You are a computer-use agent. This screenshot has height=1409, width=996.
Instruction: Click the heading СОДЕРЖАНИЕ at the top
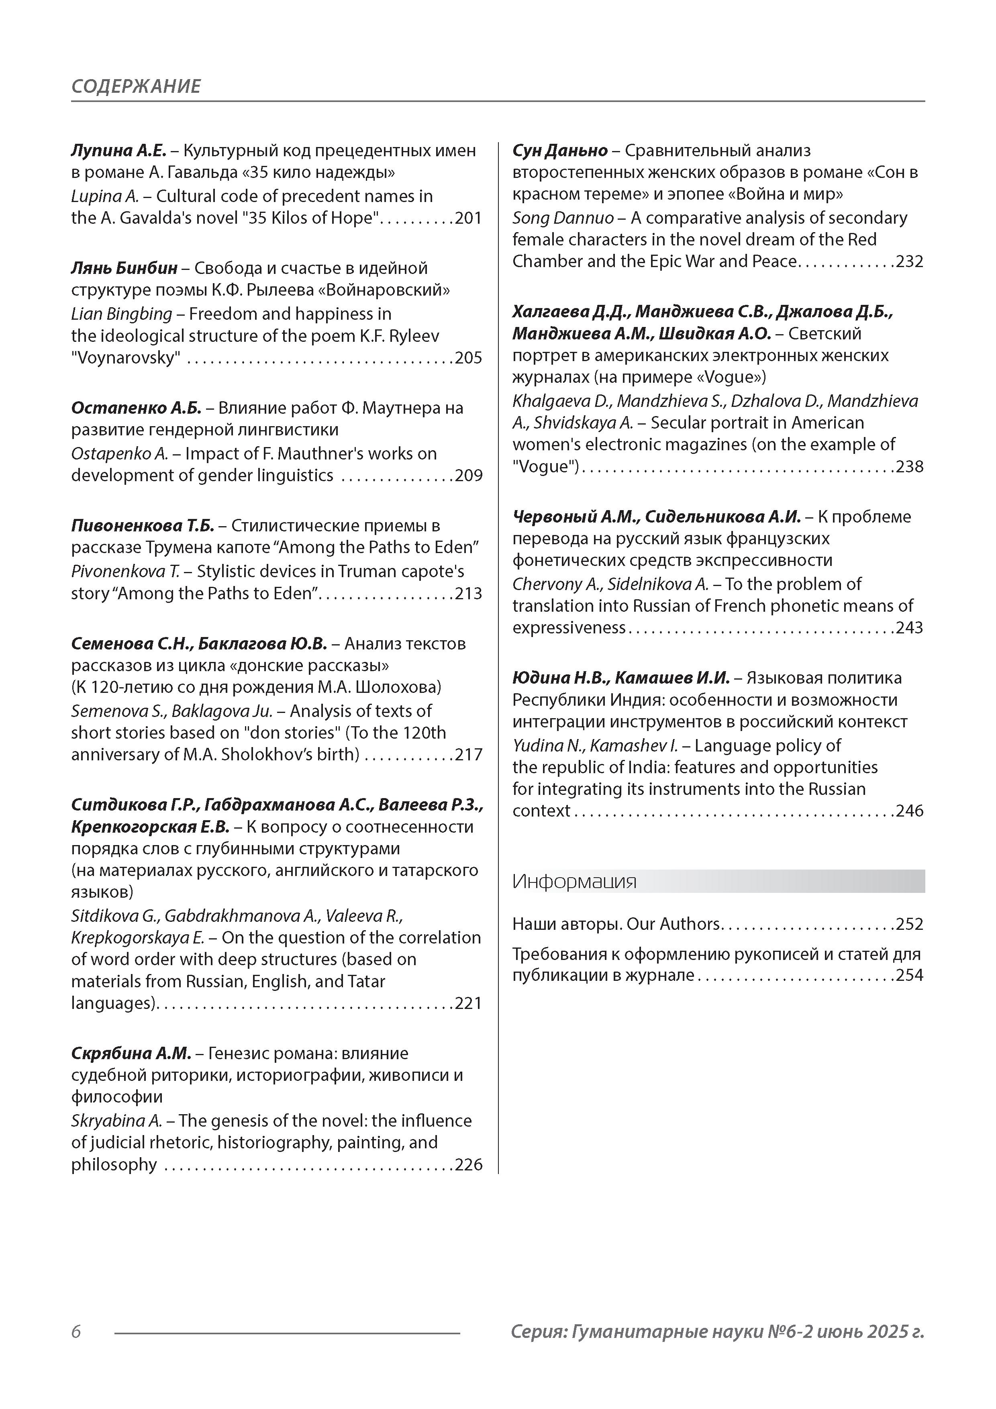pyautogui.click(x=136, y=86)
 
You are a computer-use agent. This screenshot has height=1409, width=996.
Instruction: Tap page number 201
pyautogui.click(x=468, y=218)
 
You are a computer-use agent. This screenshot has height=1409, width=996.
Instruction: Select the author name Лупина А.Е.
pyautogui.click(x=118, y=150)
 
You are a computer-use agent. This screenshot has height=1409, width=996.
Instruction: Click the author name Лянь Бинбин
pyautogui.click(x=124, y=268)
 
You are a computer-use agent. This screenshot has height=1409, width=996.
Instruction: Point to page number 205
pyautogui.click(x=468, y=358)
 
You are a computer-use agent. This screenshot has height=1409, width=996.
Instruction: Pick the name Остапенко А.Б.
pyautogui.click(x=136, y=408)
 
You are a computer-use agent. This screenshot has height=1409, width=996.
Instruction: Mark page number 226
pyautogui.click(x=468, y=1165)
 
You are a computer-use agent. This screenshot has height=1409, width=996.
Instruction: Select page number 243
pyautogui.click(x=910, y=628)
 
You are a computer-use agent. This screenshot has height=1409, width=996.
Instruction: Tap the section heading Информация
pyautogui.click(x=574, y=882)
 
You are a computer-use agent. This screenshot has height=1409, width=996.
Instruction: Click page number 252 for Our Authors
pyautogui.click(x=910, y=924)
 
